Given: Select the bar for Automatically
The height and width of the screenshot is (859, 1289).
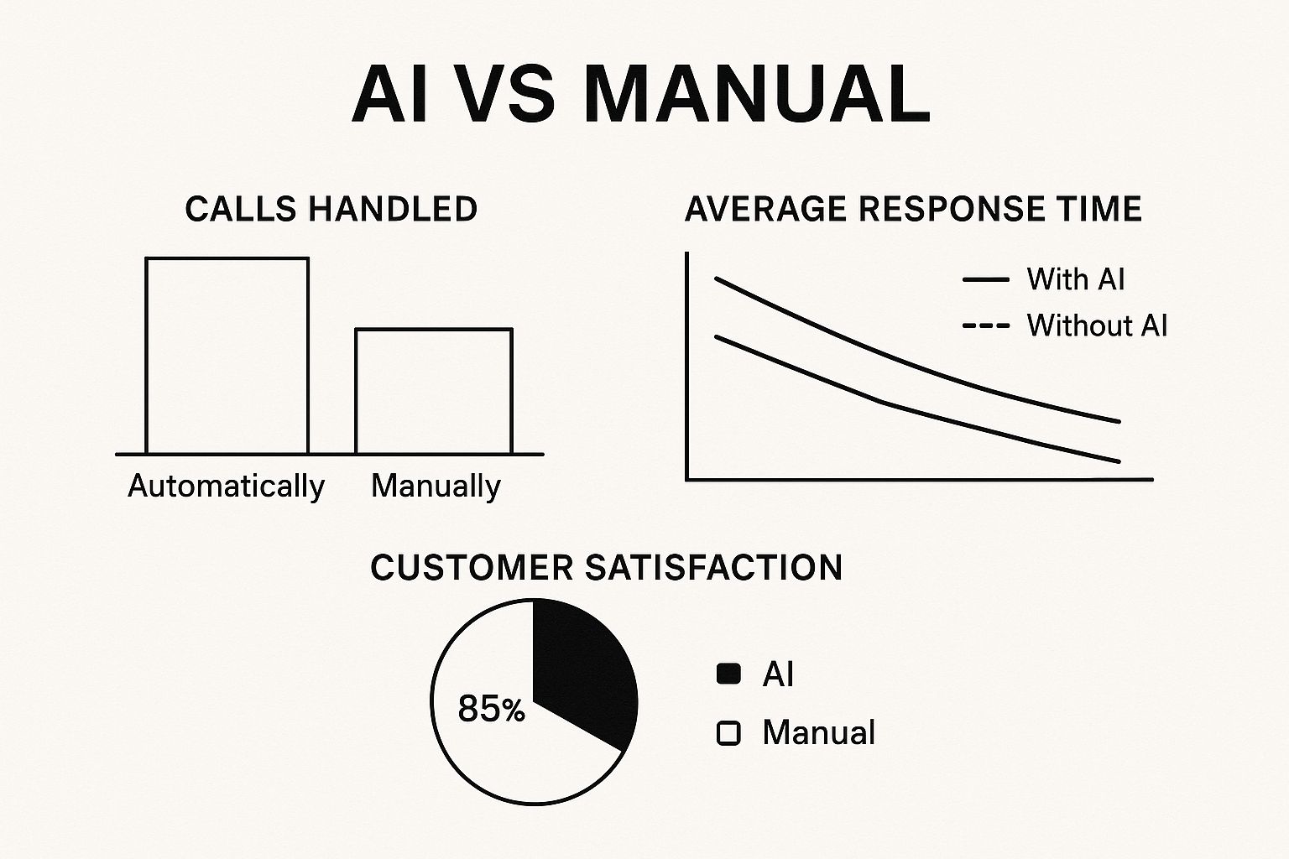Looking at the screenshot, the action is pos(227,356).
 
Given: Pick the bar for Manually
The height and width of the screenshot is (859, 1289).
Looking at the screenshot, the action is pos(434,391).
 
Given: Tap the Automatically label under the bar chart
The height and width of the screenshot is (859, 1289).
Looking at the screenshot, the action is pos(226,487).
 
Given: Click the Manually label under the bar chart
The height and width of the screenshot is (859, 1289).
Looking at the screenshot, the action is pos(436,487).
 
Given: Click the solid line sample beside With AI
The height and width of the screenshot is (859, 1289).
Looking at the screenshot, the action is pos(986,279).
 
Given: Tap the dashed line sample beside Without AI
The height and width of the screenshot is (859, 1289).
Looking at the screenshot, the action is pos(986,325).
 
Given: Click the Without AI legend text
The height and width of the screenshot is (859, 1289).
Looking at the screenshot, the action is pos(1098,325).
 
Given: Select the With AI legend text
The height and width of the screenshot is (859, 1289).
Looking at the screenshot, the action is pos(1076,279).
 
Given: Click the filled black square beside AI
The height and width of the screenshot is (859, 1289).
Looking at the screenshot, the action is pos(728,674).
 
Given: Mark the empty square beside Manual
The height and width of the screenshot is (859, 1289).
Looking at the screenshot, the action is pos(728,733).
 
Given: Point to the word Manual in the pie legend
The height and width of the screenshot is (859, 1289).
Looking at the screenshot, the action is pos(819,732).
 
